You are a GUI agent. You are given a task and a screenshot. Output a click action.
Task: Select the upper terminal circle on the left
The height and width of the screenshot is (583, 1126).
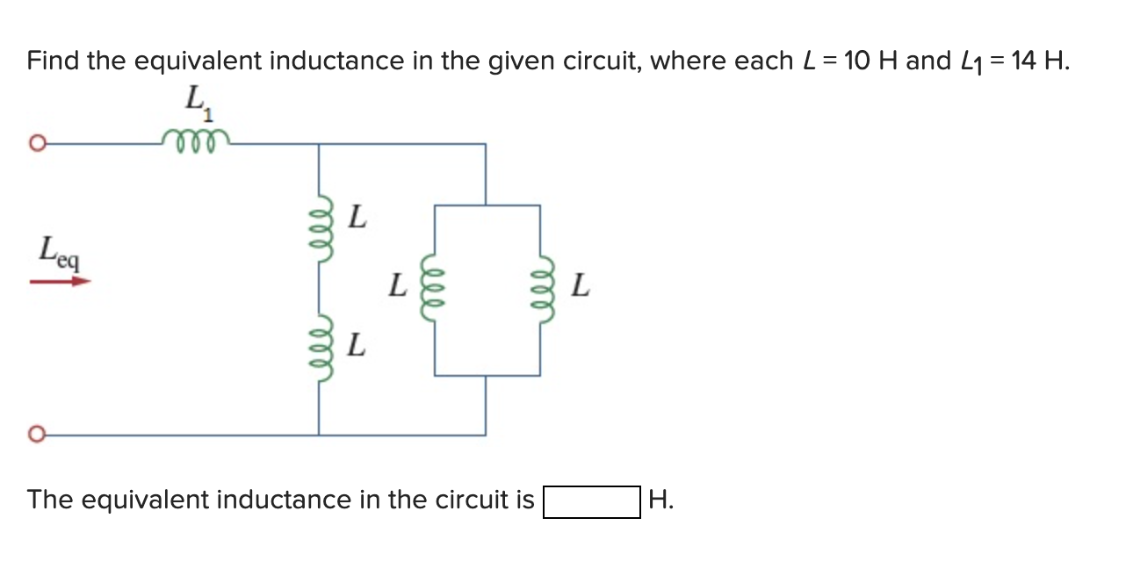pyautogui.click(x=36, y=144)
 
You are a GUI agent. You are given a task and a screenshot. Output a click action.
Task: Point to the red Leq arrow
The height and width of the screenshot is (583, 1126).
pyautogui.click(x=60, y=282)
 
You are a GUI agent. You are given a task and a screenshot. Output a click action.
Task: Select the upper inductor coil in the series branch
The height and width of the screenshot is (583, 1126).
pyautogui.click(x=320, y=227)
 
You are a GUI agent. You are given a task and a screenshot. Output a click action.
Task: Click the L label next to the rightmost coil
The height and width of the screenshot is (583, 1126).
pyautogui.click(x=580, y=285)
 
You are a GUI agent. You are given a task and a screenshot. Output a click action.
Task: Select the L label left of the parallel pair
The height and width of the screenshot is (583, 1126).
pyautogui.click(x=399, y=285)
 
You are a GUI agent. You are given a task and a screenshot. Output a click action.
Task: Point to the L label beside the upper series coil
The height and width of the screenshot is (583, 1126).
pyautogui.click(x=356, y=215)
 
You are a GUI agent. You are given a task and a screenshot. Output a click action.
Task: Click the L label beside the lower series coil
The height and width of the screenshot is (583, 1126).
pyautogui.click(x=356, y=344)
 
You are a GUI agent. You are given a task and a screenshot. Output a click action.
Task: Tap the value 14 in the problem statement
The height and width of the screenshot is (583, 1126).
pyautogui.click(x=1022, y=61)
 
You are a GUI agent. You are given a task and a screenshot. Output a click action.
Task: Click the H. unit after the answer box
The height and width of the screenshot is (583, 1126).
pyautogui.click(x=660, y=500)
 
